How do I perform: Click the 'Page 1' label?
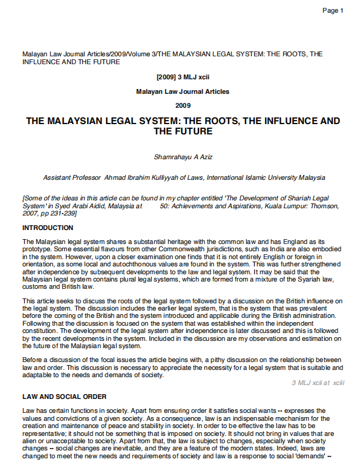click(x=333, y=11)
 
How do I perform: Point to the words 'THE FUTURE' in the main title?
click(x=183, y=131)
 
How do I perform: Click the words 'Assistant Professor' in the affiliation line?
click(x=72, y=178)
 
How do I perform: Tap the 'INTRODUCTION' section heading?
click(x=48, y=228)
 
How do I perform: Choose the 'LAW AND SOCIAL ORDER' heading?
click(x=65, y=397)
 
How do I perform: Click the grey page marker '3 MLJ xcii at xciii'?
click(x=318, y=383)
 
